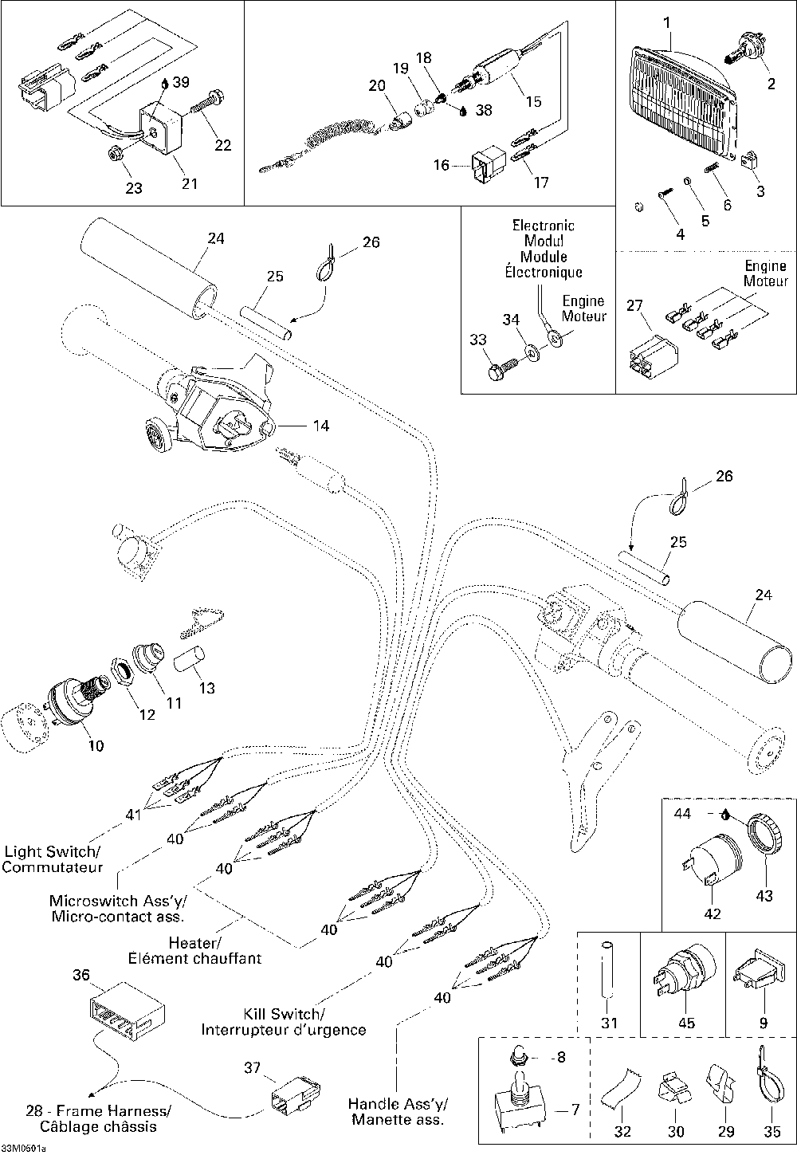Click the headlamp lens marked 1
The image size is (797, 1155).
(x=682, y=104)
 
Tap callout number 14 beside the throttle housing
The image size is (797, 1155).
(x=320, y=426)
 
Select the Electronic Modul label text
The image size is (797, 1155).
(x=543, y=234)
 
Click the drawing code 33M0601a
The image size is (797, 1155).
(x=24, y=1149)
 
